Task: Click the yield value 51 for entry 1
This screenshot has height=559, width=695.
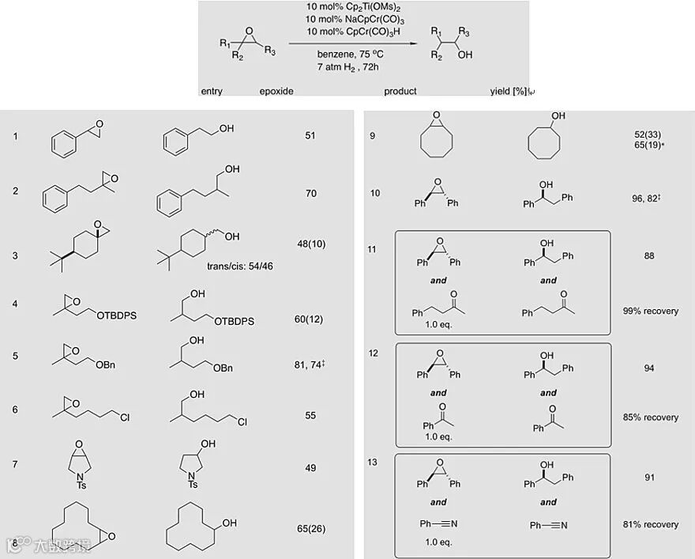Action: click(x=310, y=135)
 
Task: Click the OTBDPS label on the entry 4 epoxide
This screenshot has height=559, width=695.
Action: click(x=117, y=315)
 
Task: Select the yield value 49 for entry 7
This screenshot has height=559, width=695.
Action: click(x=310, y=468)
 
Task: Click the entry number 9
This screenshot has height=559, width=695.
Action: click(x=373, y=136)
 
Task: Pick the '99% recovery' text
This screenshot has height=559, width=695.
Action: click(x=649, y=312)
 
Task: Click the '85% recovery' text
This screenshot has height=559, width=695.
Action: click(x=649, y=417)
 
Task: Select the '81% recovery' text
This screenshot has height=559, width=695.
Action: click(x=649, y=524)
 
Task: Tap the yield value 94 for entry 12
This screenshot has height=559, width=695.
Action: click(x=649, y=368)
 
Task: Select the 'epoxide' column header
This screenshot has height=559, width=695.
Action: click(x=276, y=91)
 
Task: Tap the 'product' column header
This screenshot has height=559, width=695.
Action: click(x=400, y=91)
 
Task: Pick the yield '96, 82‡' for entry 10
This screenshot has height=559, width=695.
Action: click(x=647, y=198)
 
